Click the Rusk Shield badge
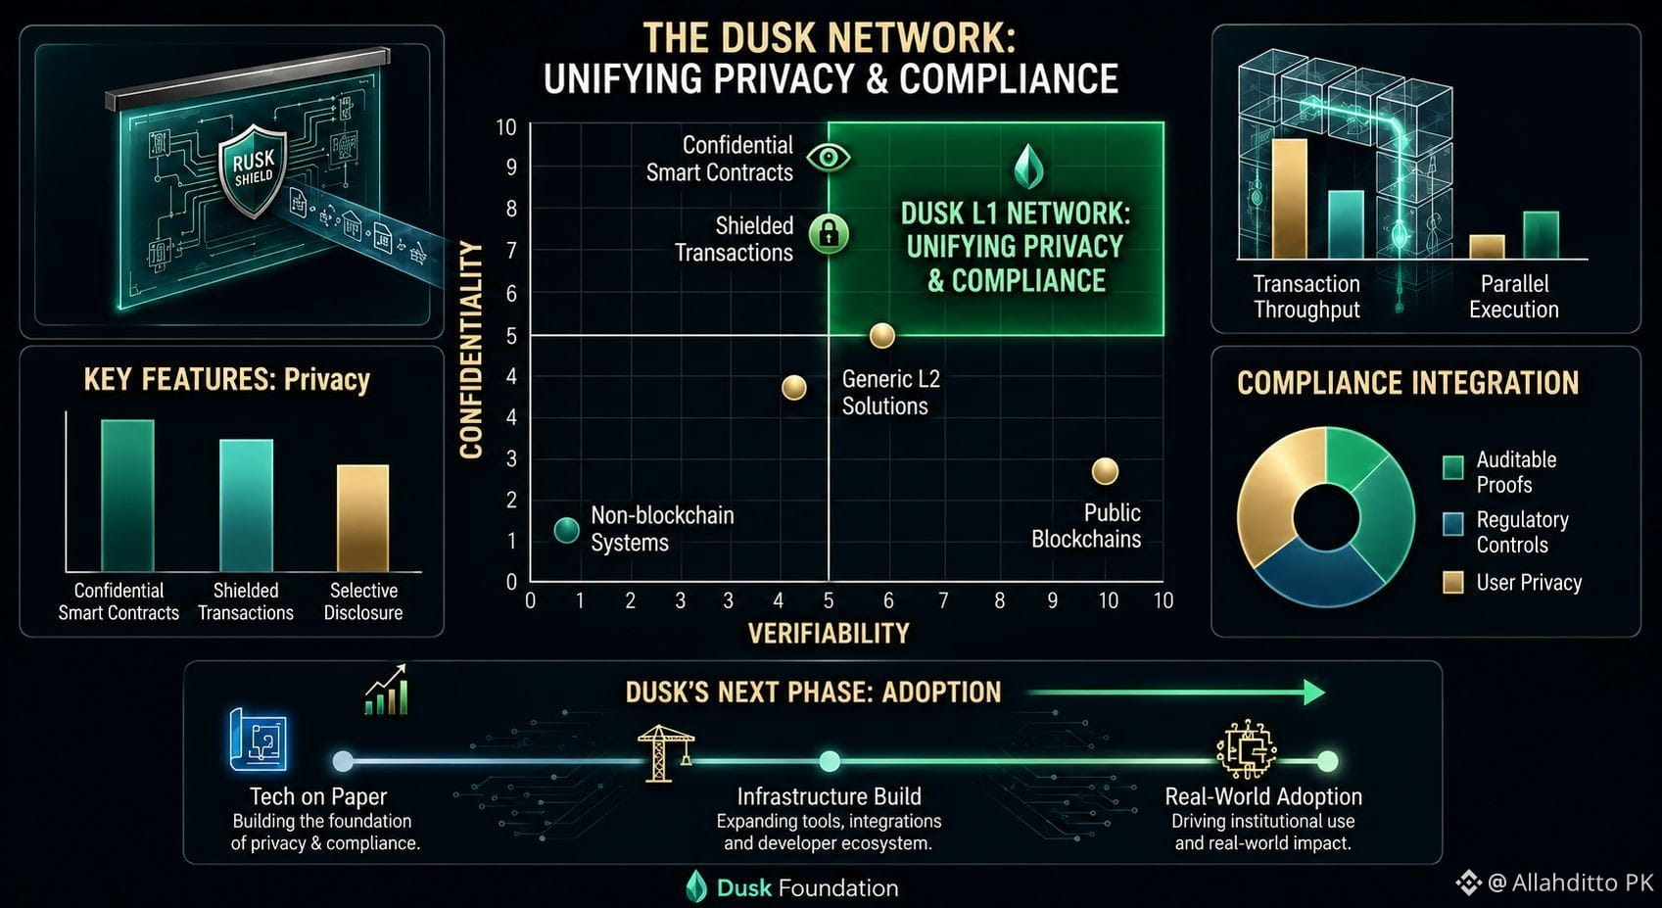(253, 170)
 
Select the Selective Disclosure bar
(362, 518)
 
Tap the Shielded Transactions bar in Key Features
(247, 505)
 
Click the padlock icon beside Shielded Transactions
(829, 234)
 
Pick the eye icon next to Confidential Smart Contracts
(828, 158)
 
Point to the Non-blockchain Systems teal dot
(567, 530)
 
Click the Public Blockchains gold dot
(1105, 471)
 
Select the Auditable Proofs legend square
(1452, 467)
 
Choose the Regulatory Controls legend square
(1452, 524)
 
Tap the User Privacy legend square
(1452, 583)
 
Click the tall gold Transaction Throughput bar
(1290, 199)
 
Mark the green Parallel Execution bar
(1542, 235)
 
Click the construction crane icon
(665, 752)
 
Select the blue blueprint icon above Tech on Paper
(258, 740)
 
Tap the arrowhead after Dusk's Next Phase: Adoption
(1314, 693)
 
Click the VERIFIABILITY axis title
(829, 634)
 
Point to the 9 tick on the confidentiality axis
(511, 167)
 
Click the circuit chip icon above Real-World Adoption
(1247, 748)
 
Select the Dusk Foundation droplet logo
(696, 885)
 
